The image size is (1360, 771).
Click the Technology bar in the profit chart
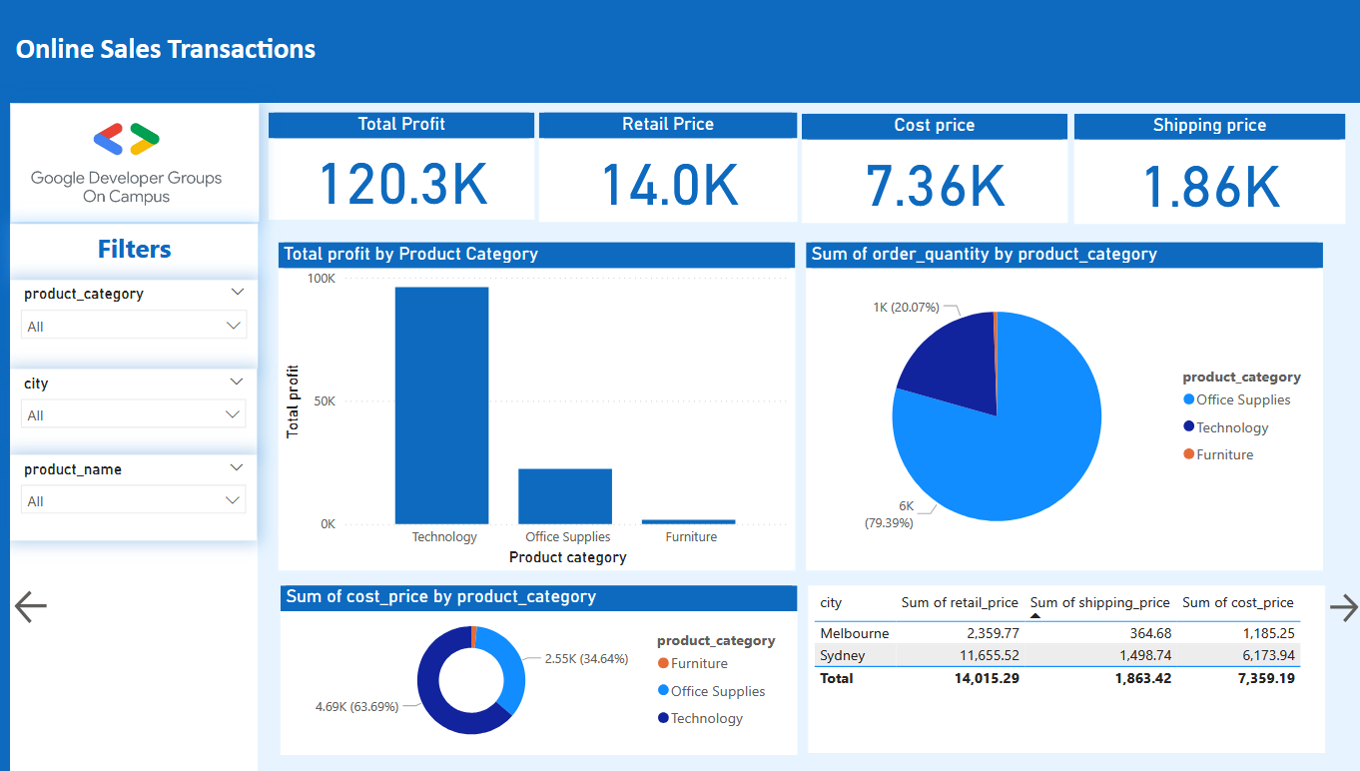441,404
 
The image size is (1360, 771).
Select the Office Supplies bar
564,495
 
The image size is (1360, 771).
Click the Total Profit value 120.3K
402,185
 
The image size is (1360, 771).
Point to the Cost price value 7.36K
935,186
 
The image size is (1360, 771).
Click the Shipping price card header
1208,126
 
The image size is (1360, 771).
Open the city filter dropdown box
134,414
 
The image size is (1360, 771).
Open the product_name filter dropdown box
134,501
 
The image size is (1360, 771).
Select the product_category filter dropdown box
134,326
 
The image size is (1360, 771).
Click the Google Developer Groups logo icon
126,140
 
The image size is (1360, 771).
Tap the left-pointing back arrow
31,606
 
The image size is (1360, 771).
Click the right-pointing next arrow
1344,606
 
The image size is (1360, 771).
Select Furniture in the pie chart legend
1224,454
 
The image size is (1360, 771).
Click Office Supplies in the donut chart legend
717,691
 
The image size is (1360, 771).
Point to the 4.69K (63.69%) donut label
356,706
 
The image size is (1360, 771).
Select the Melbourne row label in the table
854,633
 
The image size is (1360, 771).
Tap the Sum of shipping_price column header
1099,602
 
